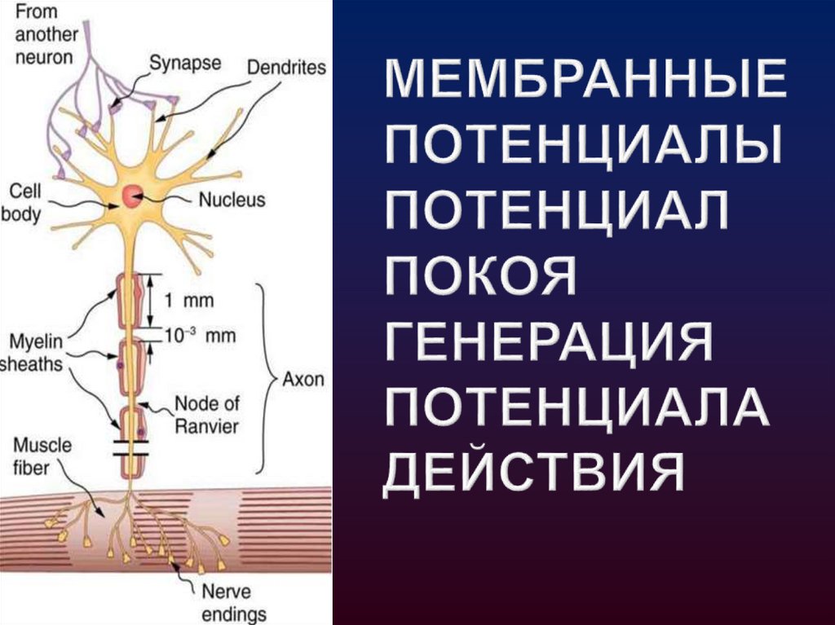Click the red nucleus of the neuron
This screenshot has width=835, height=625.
point(132,196)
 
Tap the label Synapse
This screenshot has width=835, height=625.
point(184,62)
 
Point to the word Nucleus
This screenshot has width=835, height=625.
point(232,198)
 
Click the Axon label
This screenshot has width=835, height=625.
point(303,379)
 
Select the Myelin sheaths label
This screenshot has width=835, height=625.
point(36,351)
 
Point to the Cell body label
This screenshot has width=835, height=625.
point(24,203)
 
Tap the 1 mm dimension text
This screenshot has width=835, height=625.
point(190,300)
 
